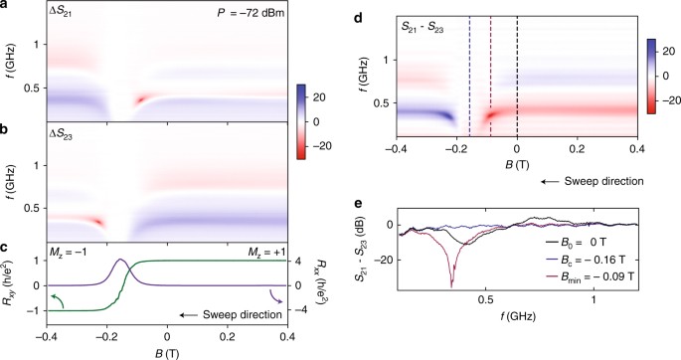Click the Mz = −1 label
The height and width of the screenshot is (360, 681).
pos(71,249)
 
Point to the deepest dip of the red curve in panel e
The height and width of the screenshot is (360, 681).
pos(451,289)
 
